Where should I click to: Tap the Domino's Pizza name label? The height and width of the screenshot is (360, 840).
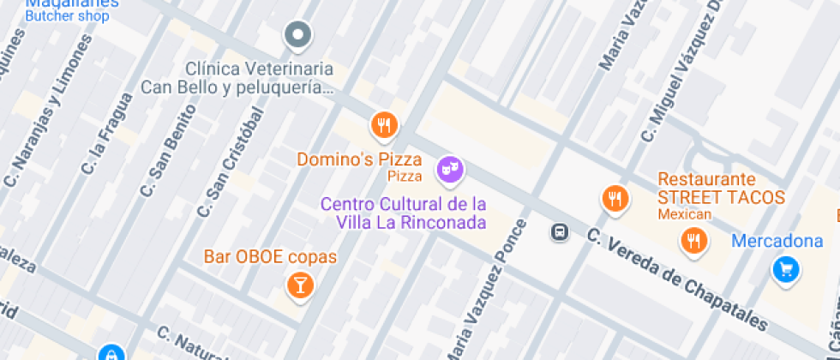tap(359, 159)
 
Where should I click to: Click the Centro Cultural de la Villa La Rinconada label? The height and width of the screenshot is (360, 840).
tap(403, 213)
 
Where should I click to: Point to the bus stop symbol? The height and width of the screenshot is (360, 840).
tap(559, 231)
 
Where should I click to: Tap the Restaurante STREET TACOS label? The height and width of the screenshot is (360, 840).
tap(720, 189)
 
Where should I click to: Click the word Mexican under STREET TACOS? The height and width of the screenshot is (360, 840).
tap(685, 214)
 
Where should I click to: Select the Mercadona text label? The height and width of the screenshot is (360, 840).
tap(777, 241)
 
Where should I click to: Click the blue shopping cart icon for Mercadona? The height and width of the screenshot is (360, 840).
tap(784, 269)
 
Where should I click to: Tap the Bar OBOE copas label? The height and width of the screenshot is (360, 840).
tap(270, 256)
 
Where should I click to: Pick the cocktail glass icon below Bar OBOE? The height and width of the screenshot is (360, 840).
tap(300, 285)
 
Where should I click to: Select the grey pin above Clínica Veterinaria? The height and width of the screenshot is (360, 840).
tap(297, 35)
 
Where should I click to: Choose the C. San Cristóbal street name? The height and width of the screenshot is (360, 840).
tap(229, 163)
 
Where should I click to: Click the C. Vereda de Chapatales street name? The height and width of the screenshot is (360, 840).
tap(677, 278)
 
